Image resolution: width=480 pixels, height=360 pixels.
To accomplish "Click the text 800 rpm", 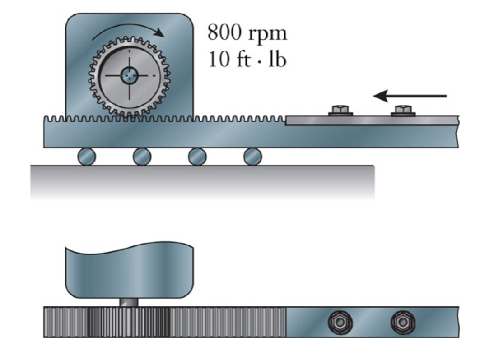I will (x=247, y=33).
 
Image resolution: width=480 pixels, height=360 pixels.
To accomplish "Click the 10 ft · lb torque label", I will (x=247, y=59).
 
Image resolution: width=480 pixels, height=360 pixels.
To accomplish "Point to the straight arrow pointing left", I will (x=409, y=96).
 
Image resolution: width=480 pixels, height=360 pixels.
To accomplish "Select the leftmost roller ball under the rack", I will (x=86, y=157).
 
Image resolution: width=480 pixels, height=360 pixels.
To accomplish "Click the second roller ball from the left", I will (x=142, y=157).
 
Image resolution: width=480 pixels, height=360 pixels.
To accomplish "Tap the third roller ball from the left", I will (x=197, y=157).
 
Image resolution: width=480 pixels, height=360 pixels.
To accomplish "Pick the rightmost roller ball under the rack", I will (x=252, y=157).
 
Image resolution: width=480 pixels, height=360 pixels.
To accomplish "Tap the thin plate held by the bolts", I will (x=370, y=120).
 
